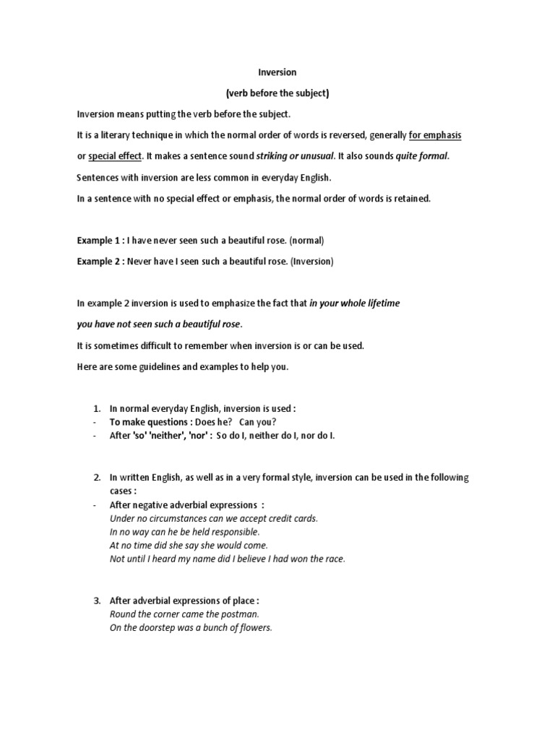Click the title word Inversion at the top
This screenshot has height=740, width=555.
(x=277, y=73)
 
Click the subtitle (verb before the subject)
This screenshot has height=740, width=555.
(x=277, y=93)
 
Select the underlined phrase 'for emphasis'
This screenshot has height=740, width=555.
(x=435, y=135)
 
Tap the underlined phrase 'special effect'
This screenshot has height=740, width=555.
(x=115, y=156)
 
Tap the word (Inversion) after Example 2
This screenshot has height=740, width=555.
(x=311, y=261)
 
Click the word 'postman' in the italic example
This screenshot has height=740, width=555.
(x=242, y=614)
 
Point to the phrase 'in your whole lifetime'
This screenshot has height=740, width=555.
(x=354, y=304)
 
